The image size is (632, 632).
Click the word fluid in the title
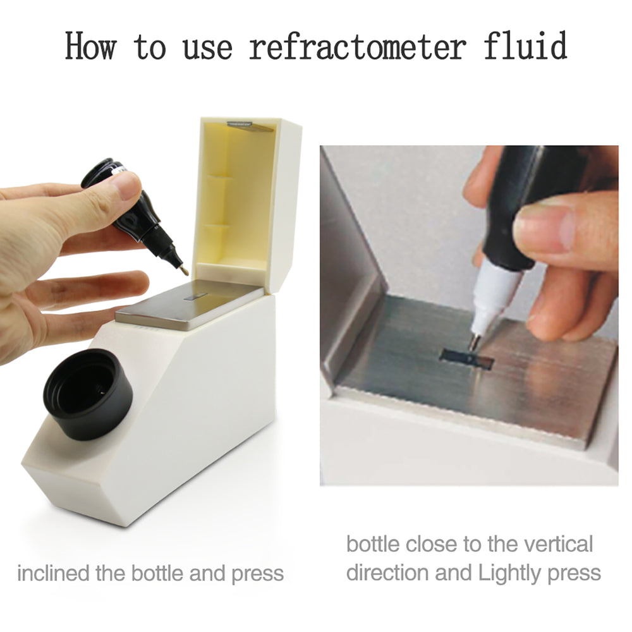click(x=524, y=47)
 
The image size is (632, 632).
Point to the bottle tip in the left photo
click(x=185, y=270)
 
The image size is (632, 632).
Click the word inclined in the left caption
click(x=53, y=574)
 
